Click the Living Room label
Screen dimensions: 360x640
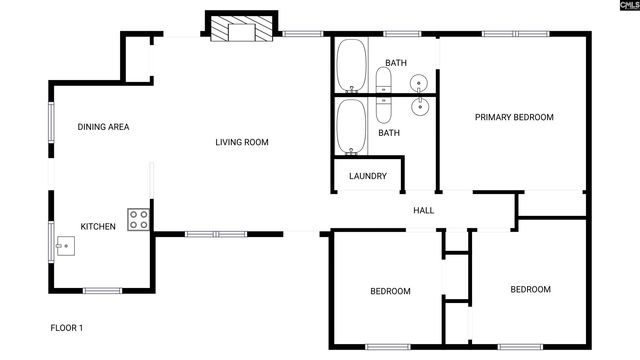[x=242, y=142]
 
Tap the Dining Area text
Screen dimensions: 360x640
[x=104, y=127]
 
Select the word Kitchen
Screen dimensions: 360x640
[x=99, y=227]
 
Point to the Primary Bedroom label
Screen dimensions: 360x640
[x=514, y=117]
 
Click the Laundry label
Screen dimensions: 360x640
[x=367, y=176]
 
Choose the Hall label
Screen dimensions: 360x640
[x=423, y=210]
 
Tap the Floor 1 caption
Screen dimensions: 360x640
[x=67, y=328]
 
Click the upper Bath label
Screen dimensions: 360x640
[x=396, y=64]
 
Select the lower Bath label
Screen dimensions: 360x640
[x=389, y=133]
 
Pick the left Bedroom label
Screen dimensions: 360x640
[x=390, y=291]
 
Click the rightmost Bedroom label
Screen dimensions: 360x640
[x=530, y=290]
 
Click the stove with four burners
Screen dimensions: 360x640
[x=138, y=220]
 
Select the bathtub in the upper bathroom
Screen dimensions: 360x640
[x=350, y=64]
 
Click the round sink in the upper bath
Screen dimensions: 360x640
[x=420, y=83]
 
